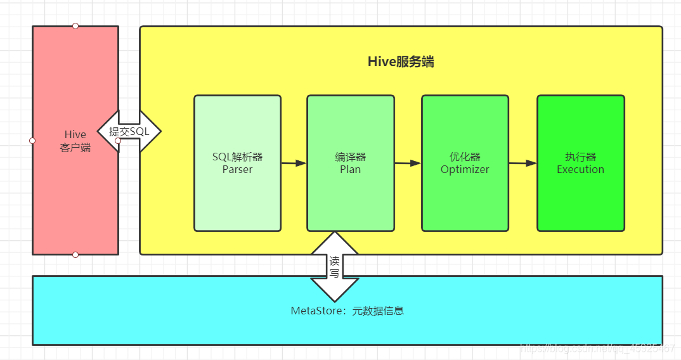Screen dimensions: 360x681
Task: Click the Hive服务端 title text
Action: coord(401,61)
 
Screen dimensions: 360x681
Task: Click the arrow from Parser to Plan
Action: coord(294,164)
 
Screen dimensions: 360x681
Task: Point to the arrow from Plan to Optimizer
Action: coord(408,164)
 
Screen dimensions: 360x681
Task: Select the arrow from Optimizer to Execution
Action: coord(522,164)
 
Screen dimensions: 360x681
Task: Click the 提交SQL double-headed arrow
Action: coord(129,132)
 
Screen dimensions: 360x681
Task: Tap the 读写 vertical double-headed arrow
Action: coord(334,267)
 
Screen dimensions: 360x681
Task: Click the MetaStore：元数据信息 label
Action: coord(347,311)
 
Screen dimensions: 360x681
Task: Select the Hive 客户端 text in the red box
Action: coord(75,141)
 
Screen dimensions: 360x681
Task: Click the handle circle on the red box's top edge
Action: coord(75,26)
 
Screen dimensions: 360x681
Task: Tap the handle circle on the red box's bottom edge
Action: coord(75,255)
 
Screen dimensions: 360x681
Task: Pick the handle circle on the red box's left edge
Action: coord(32,141)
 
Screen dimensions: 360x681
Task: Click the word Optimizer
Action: coord(465,170)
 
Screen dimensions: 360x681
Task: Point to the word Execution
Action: coord(580,170)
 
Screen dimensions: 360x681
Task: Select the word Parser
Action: coord(237,170)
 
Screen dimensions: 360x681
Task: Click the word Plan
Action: coord(350,170)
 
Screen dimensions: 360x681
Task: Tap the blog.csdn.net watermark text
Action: coord(596,348)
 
